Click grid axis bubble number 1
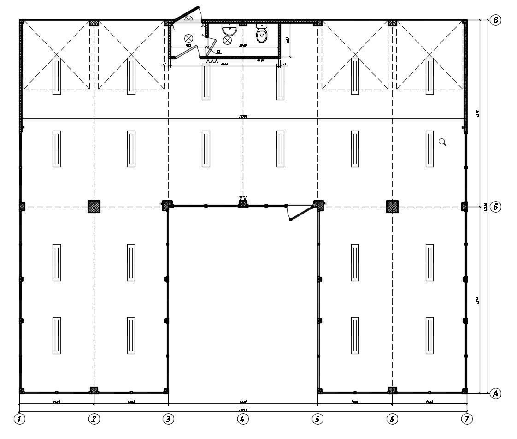pos(19,419)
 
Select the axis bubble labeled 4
pos(242,419)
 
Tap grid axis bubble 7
pos(467,419)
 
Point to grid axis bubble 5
pos(317,419)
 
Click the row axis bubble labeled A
pos(496,393)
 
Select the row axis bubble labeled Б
pos(496,207)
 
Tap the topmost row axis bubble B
pos(496,20)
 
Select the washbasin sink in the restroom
pos(229,30)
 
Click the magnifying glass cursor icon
pos(442,142)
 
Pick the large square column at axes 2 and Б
pos(94,206)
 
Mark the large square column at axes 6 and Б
pos(392,206)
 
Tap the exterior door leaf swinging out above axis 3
pos(185,13)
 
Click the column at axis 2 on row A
pos(94,390)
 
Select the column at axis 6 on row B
pos(392,23)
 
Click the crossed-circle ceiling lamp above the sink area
pos(227,40)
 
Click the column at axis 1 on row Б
pos(21,206)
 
